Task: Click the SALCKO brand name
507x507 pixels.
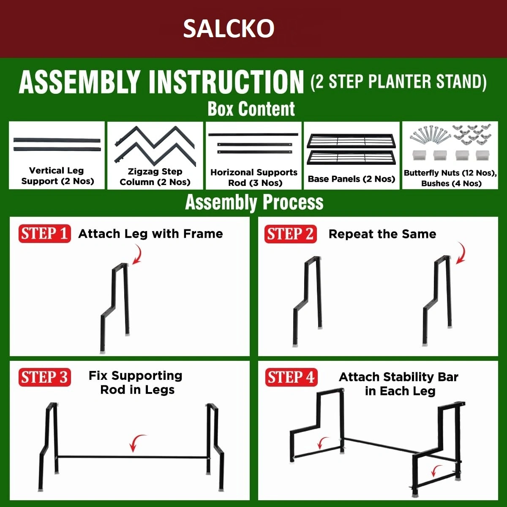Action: tap(229, 28)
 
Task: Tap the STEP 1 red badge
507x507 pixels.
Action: tap(44, 233)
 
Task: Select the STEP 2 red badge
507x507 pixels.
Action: tap(290, 234)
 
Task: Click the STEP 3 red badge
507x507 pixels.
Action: tap(44, 377)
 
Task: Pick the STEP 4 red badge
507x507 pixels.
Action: tap(291, 377)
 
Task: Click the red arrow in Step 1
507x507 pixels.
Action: tap(139, 254)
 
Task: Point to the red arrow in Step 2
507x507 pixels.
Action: tap(462, 253)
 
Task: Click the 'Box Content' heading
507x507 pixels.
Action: tap(251, 109)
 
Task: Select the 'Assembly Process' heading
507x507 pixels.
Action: tap(254, 202)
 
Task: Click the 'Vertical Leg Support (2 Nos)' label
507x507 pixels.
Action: tap(57, 176)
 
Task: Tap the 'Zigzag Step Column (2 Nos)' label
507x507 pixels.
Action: tap(155, 177)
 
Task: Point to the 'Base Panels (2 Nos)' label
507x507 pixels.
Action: tap(352, 179)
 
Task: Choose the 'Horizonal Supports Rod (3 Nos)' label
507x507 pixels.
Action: tap(254, 177)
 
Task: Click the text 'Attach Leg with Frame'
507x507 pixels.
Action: tap(150, 234)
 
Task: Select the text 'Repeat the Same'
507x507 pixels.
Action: tap(382, 234)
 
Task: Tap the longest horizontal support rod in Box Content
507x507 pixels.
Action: tap(253, 134)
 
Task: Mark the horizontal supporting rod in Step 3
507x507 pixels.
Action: tap(133, 457)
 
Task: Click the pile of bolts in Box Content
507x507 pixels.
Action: tap(430, 135)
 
